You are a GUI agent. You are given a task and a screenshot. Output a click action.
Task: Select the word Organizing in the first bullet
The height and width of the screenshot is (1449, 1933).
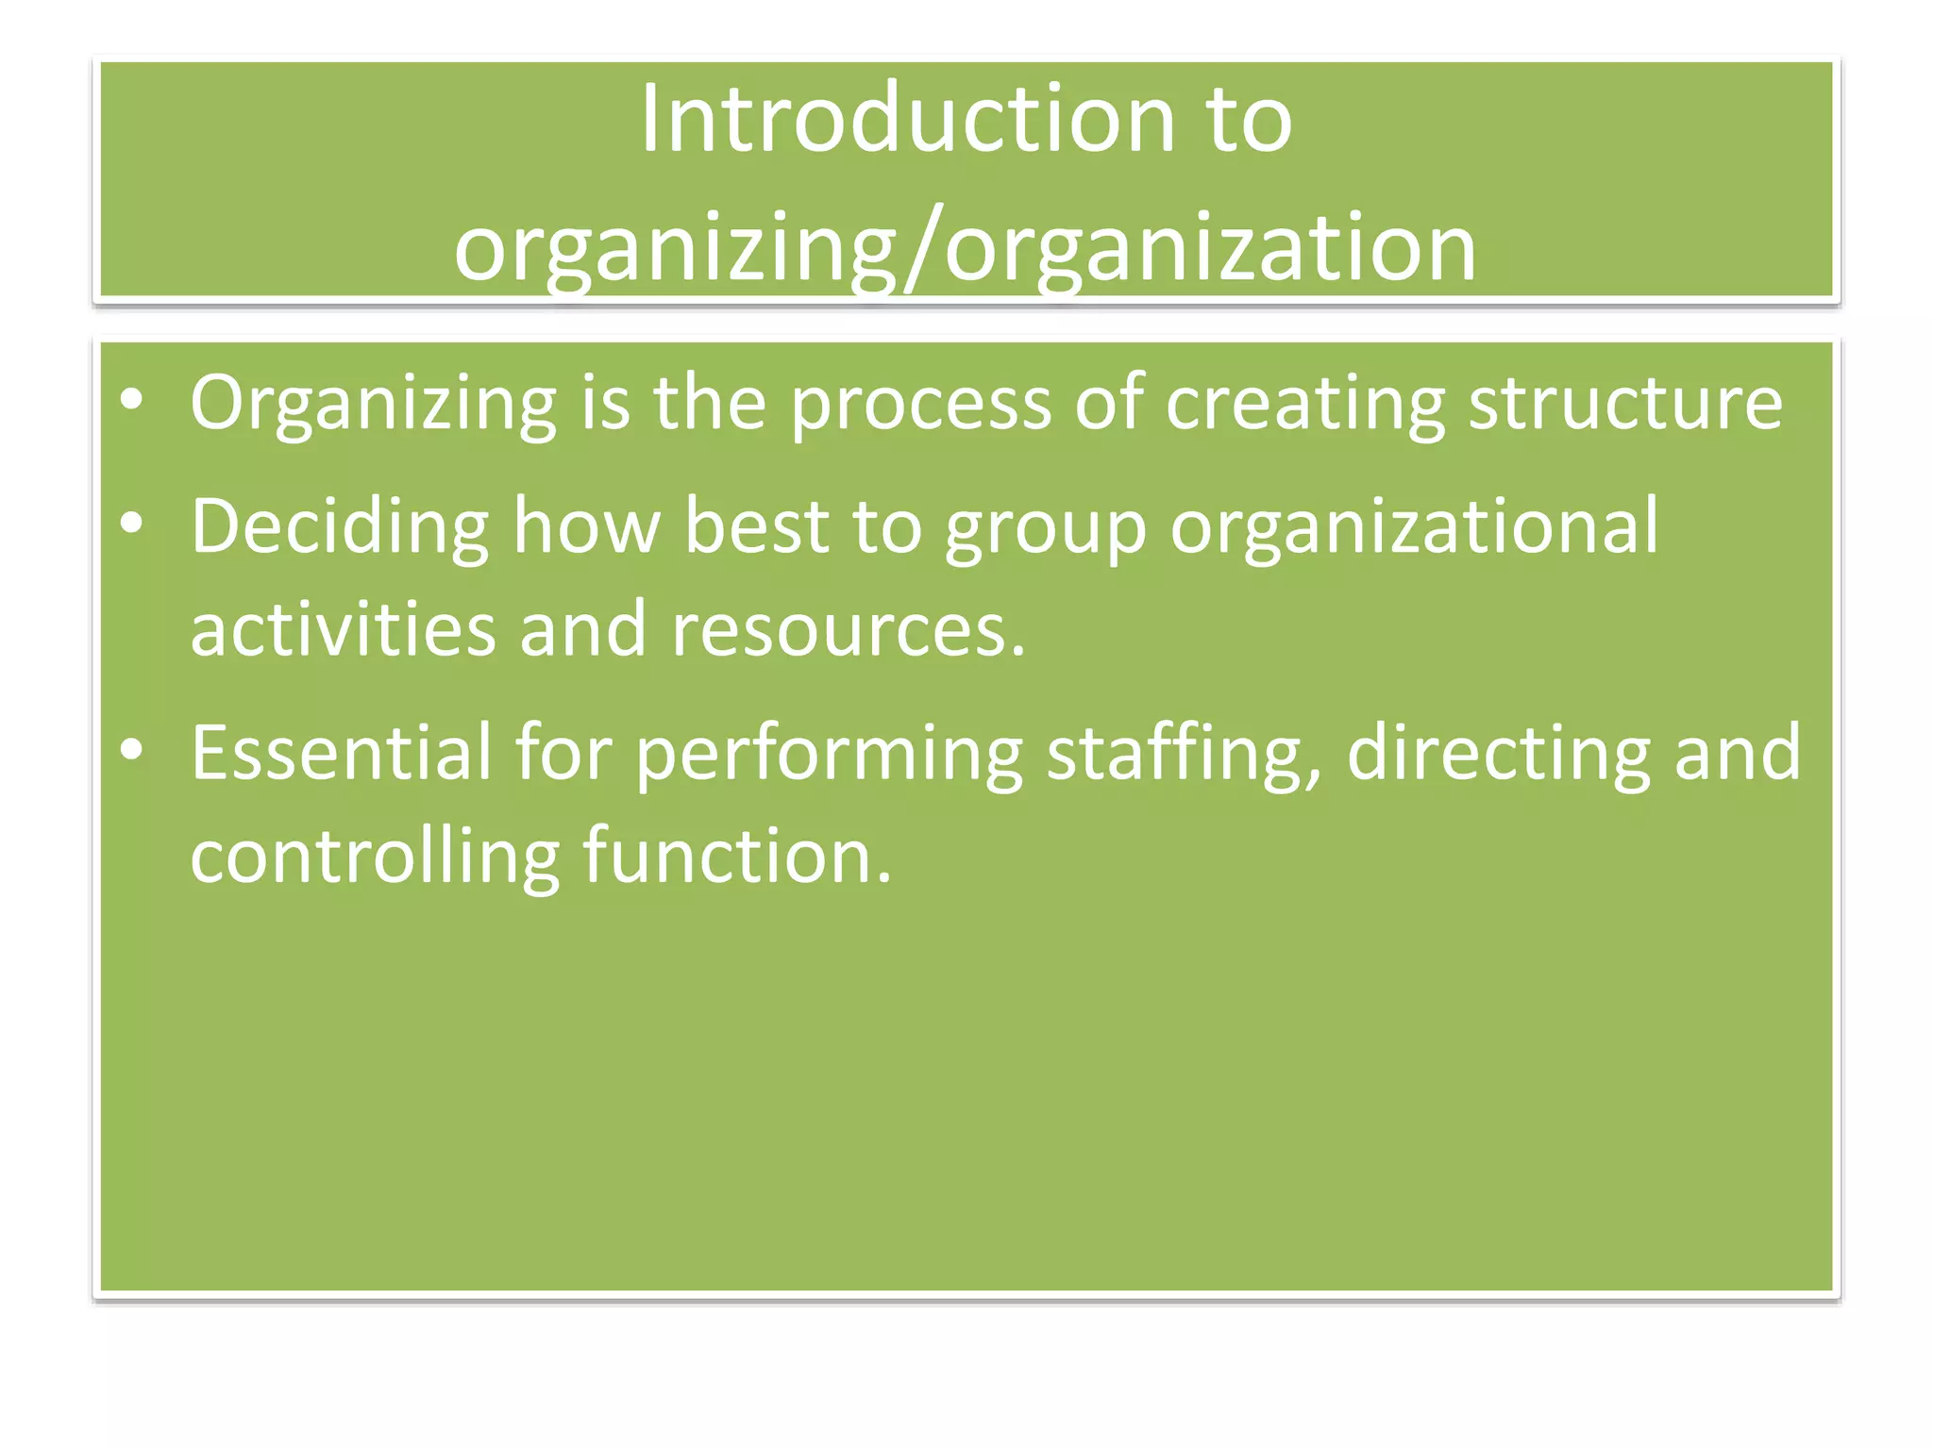[373, 404]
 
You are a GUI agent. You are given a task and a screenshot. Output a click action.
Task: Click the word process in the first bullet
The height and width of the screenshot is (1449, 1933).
[920, 404]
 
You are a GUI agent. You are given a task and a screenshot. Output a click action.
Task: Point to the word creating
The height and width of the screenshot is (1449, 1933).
[1304, 404]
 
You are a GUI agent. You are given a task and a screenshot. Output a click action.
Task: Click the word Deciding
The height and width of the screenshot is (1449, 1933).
[340, 526]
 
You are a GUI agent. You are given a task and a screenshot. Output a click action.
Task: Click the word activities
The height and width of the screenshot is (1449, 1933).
[343, 629]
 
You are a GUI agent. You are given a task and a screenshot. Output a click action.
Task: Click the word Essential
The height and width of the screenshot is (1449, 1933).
[342, 753]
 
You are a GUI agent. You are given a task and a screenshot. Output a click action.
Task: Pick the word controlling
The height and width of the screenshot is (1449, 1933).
[375, 857]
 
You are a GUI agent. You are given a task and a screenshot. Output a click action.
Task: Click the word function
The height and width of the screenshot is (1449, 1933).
[736, 857]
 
